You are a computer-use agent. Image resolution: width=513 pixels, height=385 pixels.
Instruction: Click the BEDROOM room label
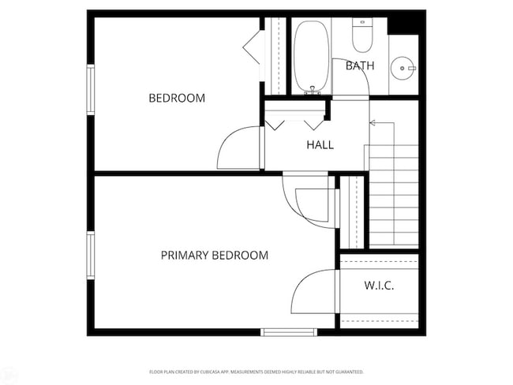177,99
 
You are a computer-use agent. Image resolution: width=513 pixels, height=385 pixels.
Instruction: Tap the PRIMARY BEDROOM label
214,256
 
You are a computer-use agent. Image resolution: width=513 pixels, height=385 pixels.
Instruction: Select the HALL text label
320,145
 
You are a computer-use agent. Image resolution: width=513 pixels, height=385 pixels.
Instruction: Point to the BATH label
359,66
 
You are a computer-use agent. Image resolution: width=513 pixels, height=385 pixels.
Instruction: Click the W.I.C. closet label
378,286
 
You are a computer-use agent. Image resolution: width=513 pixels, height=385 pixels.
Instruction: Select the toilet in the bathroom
361,36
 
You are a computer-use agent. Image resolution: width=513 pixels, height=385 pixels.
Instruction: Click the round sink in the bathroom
406,69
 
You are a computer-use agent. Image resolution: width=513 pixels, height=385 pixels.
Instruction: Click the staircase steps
393,197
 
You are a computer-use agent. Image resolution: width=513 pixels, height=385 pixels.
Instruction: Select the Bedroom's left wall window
91,90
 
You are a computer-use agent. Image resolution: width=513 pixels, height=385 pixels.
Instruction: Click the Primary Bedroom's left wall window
91,256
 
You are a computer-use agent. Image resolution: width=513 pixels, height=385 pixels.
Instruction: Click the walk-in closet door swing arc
314,291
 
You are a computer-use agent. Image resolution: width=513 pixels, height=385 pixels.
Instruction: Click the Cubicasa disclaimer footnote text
256,372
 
